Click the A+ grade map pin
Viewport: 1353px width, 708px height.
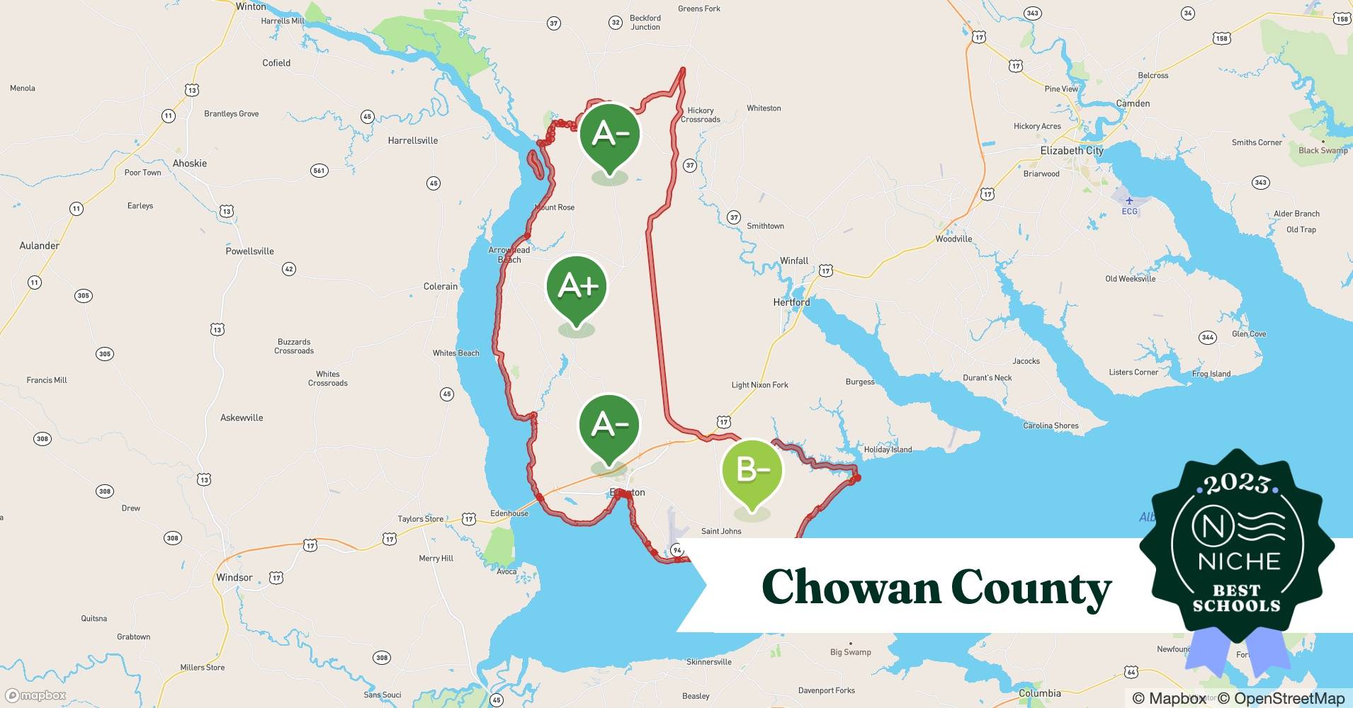click(x=577, y=287)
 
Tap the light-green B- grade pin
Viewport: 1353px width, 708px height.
click(x=752, y=470)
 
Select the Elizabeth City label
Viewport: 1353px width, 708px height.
click(x=1071, y=151)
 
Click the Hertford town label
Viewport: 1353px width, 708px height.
click(x=791, y=302)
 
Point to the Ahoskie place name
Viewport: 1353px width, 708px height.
click(x=190, y=164)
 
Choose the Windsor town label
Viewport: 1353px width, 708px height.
click(x=234, y=578)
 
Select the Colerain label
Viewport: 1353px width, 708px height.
click(x=440, y=287)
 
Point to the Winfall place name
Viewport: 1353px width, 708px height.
click(x=794, y=261)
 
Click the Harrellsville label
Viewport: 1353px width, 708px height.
click(x=412, y=141)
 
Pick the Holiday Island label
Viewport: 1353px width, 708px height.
click(x=888, y=450)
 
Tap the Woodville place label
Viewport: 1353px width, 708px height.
click(x=953, y=239)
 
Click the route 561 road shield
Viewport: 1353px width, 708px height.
click(x=319, y=171)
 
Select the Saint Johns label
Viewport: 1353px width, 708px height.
click(x=721, y=531)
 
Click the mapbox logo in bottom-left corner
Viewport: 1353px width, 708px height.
click(x=35, y=696)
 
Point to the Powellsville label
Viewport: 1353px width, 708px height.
click(x=249, y=251)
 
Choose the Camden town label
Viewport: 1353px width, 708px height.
click(x=1133, y=103)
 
